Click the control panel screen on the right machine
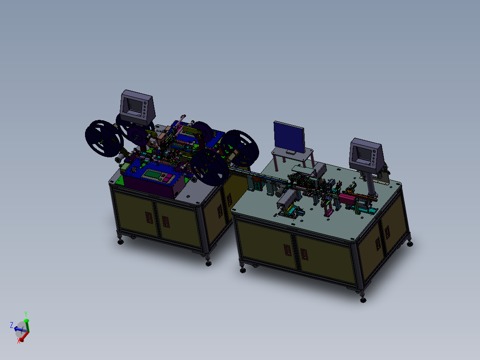pyautogui.click(x=361, y=153)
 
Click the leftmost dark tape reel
pyautogui.click(x=103, y=138)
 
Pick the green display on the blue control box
pyautogui.click(x=152, y=175)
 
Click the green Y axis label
pyautogui.click(x=26, y=314)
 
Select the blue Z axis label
pyautogui.click(x=12, y=325)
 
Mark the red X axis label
pyautogui.click(x=19, y=341)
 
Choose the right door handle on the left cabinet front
pyautogui.click(x=165, y=221)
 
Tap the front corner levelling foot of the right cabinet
pyautogui.click(x=363, y=299)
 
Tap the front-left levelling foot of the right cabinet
pyautogui.click(x=242, y=270)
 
